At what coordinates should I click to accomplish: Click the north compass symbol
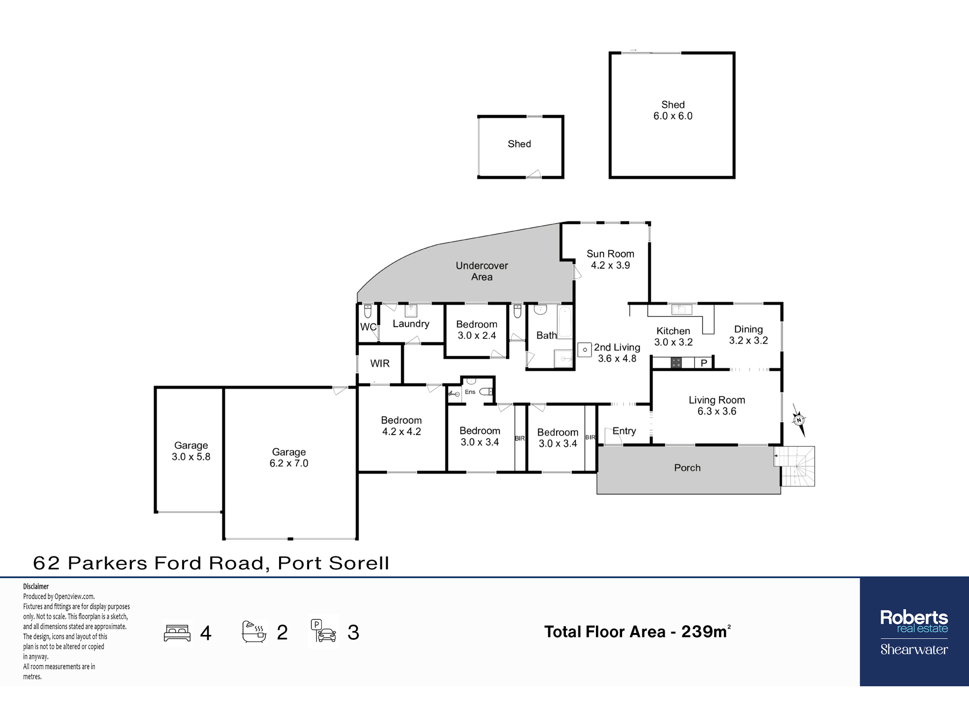pyautogui.click(x=798, y=420)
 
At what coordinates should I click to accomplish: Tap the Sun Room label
pyautogui.click(x=610, y=253)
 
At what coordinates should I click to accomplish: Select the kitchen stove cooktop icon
pyautogui.click(x=676, y=363)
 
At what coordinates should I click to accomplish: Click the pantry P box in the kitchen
pyautogui.click(x=704, y=363)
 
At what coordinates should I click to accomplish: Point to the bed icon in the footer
pyautogui.click(x=177, y=633)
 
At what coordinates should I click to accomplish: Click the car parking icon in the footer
pyautogui.click(x=324, y=631)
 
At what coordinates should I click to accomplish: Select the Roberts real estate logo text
pyautogui.click(x=914, y=621)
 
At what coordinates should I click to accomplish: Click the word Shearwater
pyautogui.click(x=914, y=649)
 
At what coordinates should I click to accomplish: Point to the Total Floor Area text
pyautogui.click(x=637, y=632)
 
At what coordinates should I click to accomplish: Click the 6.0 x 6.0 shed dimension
pyautogui.click(x=672, y=116)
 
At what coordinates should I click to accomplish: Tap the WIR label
pyautogui.click(x=380, y=363)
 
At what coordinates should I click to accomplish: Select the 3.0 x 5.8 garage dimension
pyautogui.click(x=191, y=457)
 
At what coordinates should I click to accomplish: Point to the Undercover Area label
pyautogui.click(x=482, y=271)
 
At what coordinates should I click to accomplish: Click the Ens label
pyautogui.click(x=470, y=392)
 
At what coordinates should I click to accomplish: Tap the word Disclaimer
pyautogui.click(x=36, y=586)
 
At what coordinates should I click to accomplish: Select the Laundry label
pyautogui.click(x=411, y=324)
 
